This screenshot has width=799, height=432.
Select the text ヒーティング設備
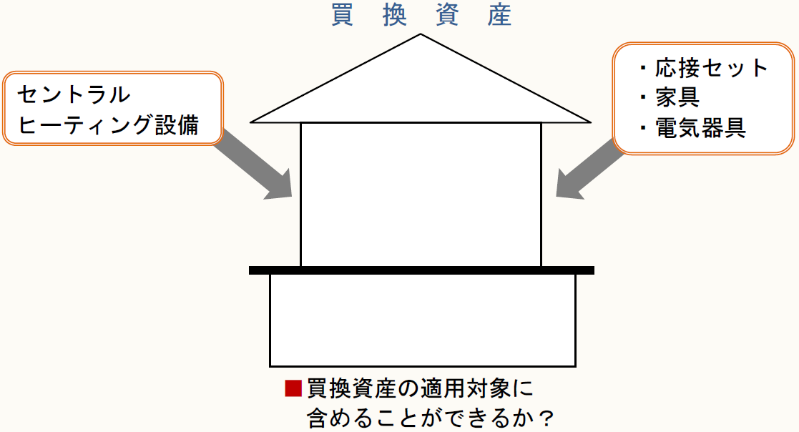pos(108,125)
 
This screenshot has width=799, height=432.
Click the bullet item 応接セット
pos(711,68)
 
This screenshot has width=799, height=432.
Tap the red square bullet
pos(293,388)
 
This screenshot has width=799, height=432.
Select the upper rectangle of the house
pos(421,193)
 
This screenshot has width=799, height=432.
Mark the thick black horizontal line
pos(421,270)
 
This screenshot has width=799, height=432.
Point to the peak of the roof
pos(421,36)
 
